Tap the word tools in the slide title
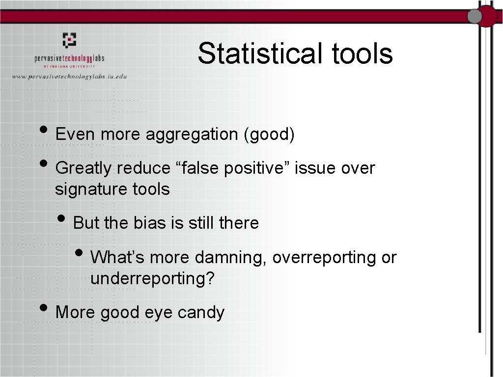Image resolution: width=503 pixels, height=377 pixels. click(363, 54)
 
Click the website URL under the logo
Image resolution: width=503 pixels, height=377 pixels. click(69, 76)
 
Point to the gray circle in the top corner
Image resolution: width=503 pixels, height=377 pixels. click(475, 17)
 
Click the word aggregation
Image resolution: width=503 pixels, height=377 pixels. click(192, 135)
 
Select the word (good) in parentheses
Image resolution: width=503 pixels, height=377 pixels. click(269, 135)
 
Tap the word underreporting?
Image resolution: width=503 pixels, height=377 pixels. click(153, 278)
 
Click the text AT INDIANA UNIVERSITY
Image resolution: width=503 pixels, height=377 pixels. click(69, 66)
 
